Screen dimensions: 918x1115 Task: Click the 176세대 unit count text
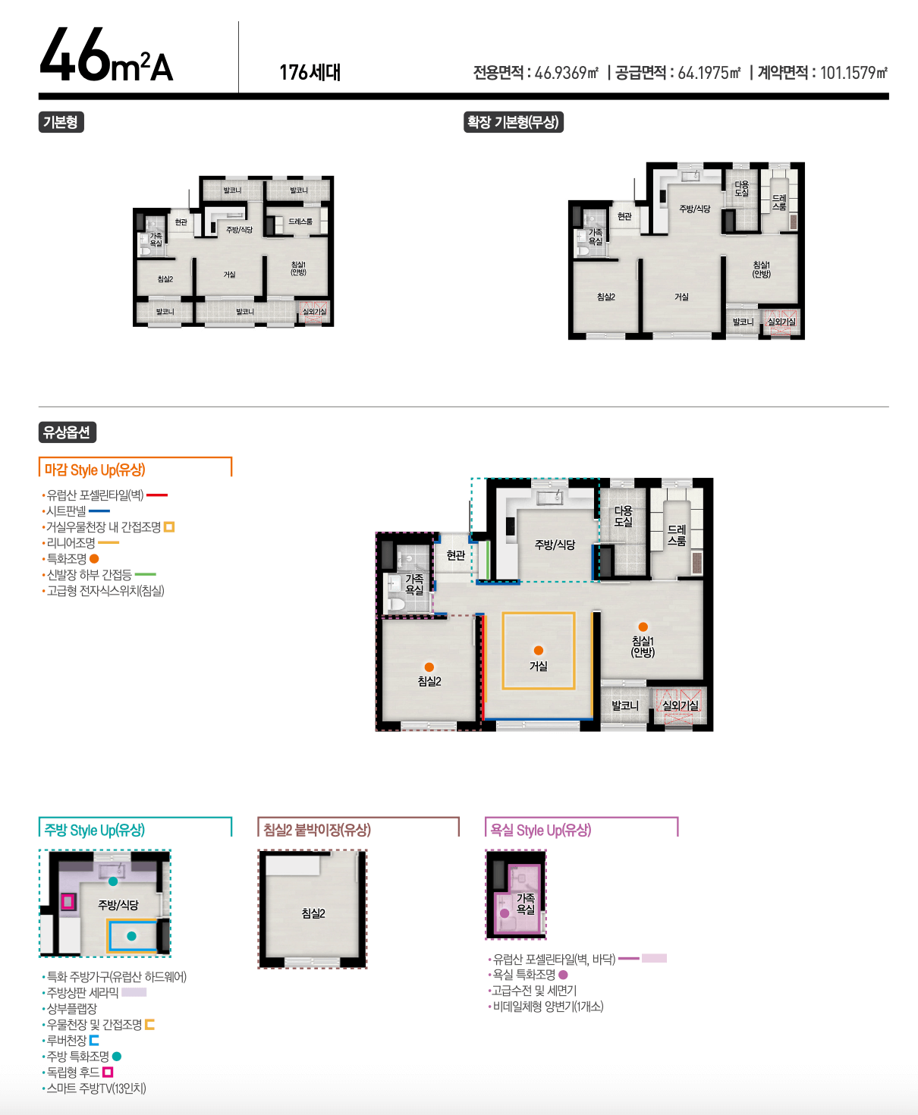coord(310,72)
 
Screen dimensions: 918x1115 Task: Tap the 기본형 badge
coord(61,122)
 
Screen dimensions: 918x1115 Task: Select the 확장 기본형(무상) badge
coord(513,122)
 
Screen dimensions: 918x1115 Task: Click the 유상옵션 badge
coord(68,432)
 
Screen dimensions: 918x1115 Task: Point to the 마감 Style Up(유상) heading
coord(95,470)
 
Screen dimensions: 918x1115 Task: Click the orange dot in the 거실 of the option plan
coord(539,650)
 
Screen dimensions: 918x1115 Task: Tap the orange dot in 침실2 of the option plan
coord(429,667)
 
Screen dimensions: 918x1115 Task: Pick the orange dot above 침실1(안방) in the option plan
coord(643,627)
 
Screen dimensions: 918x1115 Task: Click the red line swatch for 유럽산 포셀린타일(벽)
coord(157,495)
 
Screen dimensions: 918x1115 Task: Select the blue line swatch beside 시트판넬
coord(99,510)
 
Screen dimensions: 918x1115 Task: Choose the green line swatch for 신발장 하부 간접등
coord(146,574)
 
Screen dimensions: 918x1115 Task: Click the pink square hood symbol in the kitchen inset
coord(68,901)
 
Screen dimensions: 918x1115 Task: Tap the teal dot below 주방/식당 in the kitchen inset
coord(132,936)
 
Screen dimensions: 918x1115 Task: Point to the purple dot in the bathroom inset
coord(505,913)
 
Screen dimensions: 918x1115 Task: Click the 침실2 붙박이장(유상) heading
coord(317,830)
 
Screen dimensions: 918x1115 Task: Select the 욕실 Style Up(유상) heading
coord(540,830)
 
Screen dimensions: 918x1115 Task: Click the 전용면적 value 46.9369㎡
coord(566,72)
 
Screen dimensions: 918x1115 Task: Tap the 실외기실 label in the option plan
coord(680,705)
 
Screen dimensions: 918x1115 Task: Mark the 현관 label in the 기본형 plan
coord(181,222)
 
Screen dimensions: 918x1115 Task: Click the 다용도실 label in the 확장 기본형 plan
coord(741,189)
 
